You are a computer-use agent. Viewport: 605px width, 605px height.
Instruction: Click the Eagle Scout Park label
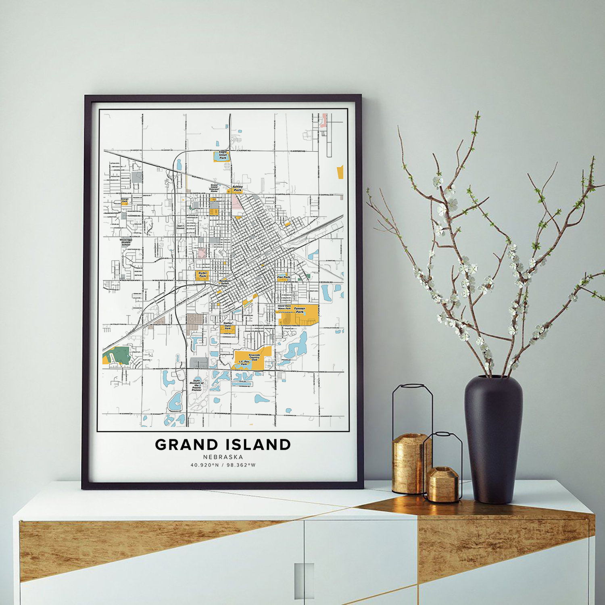(x=223, y=155)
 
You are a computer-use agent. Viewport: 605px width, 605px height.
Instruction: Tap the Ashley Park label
(x=238, y=188)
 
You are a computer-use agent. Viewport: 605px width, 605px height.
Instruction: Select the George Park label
(x=125, y=200)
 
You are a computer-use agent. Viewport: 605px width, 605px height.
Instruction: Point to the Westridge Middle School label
(x=126, y=242)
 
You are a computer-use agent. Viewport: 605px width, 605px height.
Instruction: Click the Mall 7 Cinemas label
(x=180, y=227)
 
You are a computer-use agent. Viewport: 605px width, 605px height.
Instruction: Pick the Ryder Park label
(x=202, y=275)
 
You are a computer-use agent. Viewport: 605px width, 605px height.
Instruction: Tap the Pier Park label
(x=284, y=277)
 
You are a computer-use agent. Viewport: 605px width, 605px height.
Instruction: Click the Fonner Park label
(x=300, y=310)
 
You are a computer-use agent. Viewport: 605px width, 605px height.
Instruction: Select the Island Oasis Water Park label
(x=284, y=307)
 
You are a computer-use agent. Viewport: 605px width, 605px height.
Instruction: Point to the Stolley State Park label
(x=227, y=326)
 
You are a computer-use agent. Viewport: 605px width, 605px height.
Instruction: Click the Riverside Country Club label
(x=254, y=357)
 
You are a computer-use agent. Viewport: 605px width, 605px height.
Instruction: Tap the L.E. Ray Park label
(x=244, y=363)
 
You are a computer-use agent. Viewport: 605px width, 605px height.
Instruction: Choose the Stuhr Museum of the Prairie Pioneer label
(x=196, y=385)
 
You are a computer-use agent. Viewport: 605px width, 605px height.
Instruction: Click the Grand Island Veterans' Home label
(x=214, y=188)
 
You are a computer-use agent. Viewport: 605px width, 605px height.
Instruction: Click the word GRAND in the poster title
(x=186, y=444)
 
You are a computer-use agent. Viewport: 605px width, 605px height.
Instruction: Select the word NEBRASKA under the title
(x=223, y=457)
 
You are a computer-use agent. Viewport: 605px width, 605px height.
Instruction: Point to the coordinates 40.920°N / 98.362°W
(x=223, y=465)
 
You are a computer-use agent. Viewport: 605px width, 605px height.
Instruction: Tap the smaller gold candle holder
(x=443, y=484)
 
